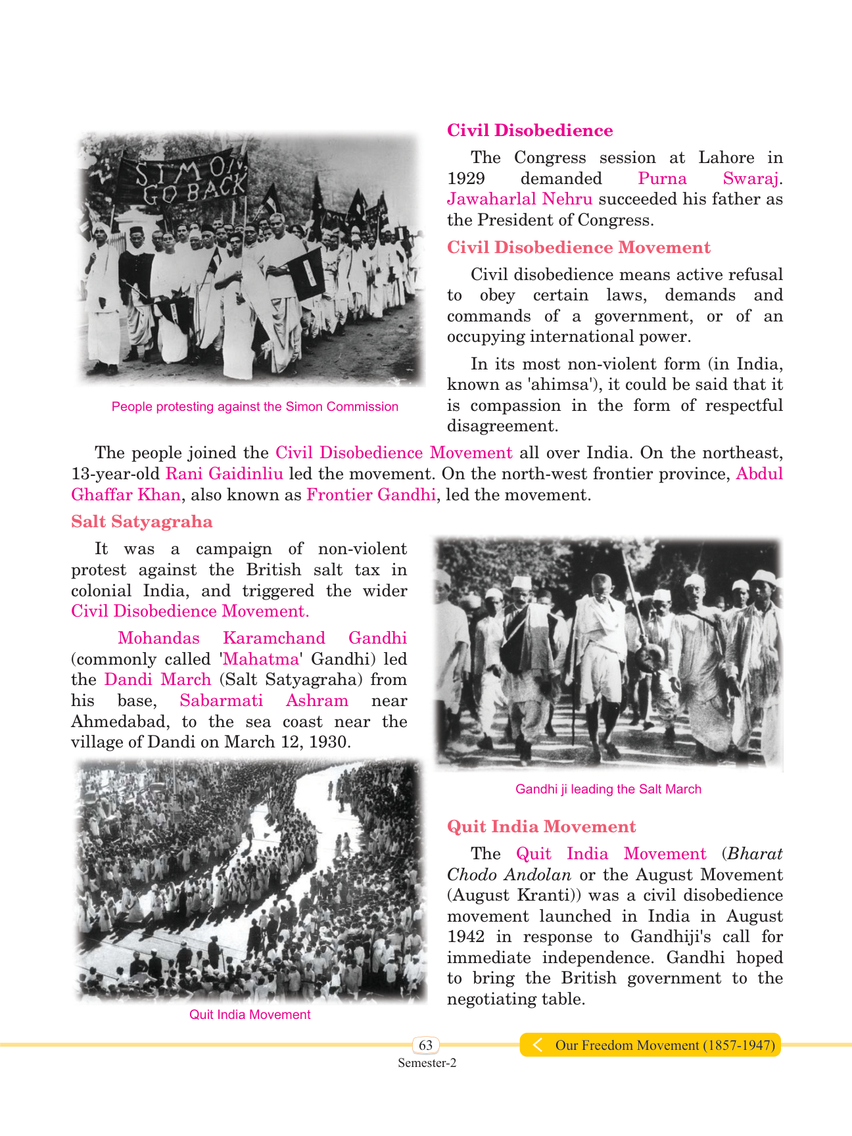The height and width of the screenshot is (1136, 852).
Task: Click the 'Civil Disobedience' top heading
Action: click(530, 130)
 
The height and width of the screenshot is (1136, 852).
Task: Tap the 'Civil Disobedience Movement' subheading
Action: click(579, 247)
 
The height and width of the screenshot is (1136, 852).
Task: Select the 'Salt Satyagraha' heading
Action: click(142, 521)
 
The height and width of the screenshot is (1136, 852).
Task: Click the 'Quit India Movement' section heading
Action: click(541, 826)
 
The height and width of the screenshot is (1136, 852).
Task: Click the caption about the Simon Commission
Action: click(255, 406)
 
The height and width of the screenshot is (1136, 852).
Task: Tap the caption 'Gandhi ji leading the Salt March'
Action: click(608, 789)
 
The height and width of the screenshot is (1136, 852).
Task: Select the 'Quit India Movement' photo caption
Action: click(250, 1014)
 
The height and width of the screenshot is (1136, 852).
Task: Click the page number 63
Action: click(426, 1045)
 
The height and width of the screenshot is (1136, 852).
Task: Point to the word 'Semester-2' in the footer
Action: click(427, 1063)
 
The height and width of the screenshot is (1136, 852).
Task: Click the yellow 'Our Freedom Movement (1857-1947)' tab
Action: click(664, 1045)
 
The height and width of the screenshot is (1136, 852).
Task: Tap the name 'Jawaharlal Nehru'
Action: click(519, 199)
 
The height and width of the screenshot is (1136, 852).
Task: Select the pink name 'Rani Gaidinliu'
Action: click(224, 473)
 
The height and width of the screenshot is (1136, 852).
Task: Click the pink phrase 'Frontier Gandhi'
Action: click(371, 494)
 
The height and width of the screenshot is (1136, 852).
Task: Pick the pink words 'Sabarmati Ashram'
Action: click(264, 700)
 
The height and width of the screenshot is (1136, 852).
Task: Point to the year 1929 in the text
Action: click(466, 178)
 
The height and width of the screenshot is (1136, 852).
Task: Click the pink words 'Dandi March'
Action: click(158, 679)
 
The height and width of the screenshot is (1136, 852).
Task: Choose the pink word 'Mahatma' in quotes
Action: click(261, 659)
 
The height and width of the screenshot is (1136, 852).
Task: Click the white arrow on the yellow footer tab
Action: click(537, 1045)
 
